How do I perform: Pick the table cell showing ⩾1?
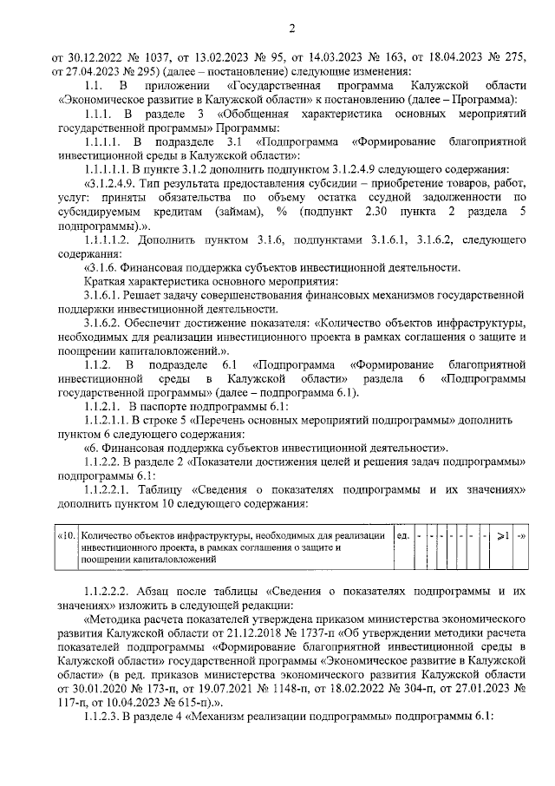(x=504, y=535)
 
